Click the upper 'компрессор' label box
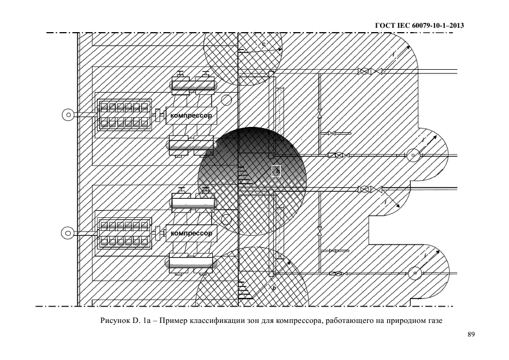(191, 115)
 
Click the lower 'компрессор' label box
(191, 233)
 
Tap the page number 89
(471, 334)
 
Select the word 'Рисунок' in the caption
(114, 320)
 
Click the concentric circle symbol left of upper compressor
(68, 115)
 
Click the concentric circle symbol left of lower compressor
(68, 233)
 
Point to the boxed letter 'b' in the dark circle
(277, 171)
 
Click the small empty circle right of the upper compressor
(227, 100)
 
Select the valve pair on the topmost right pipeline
(370, 71)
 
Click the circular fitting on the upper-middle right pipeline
(413, 156)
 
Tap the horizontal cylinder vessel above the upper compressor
(192, 84)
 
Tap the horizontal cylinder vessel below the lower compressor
(190, 263)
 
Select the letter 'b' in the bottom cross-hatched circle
(273, 288)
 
